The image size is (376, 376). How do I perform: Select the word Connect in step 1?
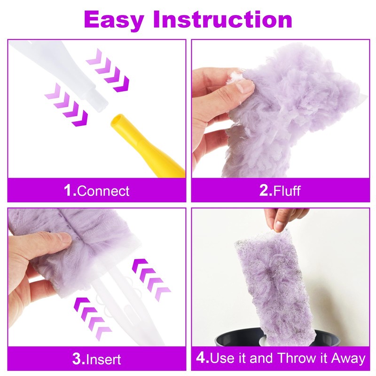click(x=103, y=191)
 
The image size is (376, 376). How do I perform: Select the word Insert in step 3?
click(x=103, y=359)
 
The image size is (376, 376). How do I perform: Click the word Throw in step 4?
click(x=299, y=358)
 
